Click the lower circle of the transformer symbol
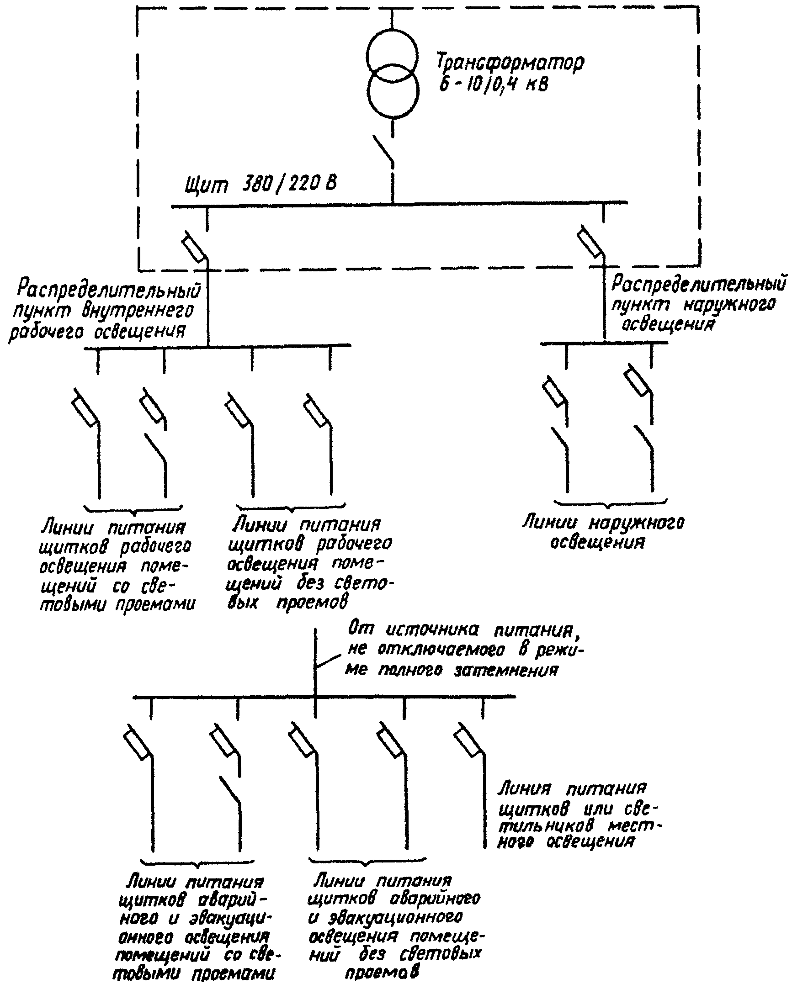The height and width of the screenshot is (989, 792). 392,92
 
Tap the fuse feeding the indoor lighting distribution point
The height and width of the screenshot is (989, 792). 194,247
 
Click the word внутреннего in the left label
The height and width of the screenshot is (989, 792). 138,311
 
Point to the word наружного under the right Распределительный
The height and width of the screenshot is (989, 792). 729,305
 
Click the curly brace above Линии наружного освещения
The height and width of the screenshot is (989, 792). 610,503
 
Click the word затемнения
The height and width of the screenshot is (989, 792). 506,671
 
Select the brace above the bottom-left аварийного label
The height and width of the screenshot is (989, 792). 197,862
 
